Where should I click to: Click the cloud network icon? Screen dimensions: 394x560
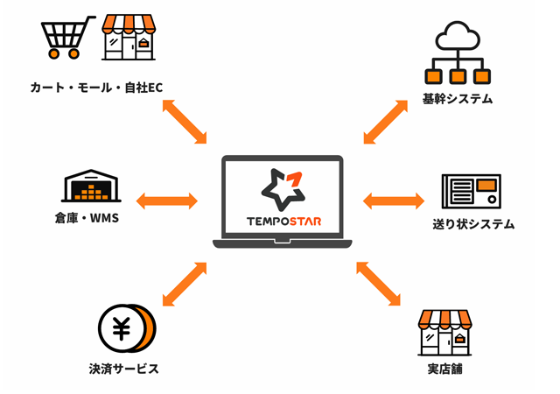click(x=457, y=53)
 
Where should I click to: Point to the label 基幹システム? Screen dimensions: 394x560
click(x=457, y=99)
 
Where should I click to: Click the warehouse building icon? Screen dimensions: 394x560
click(x=91, y=186)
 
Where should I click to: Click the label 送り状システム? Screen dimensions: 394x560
click(x=472, y=225)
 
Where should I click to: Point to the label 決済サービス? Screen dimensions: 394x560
click(x=124, y=369)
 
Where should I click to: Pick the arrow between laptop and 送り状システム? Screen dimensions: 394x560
click(x=393, y=201)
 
